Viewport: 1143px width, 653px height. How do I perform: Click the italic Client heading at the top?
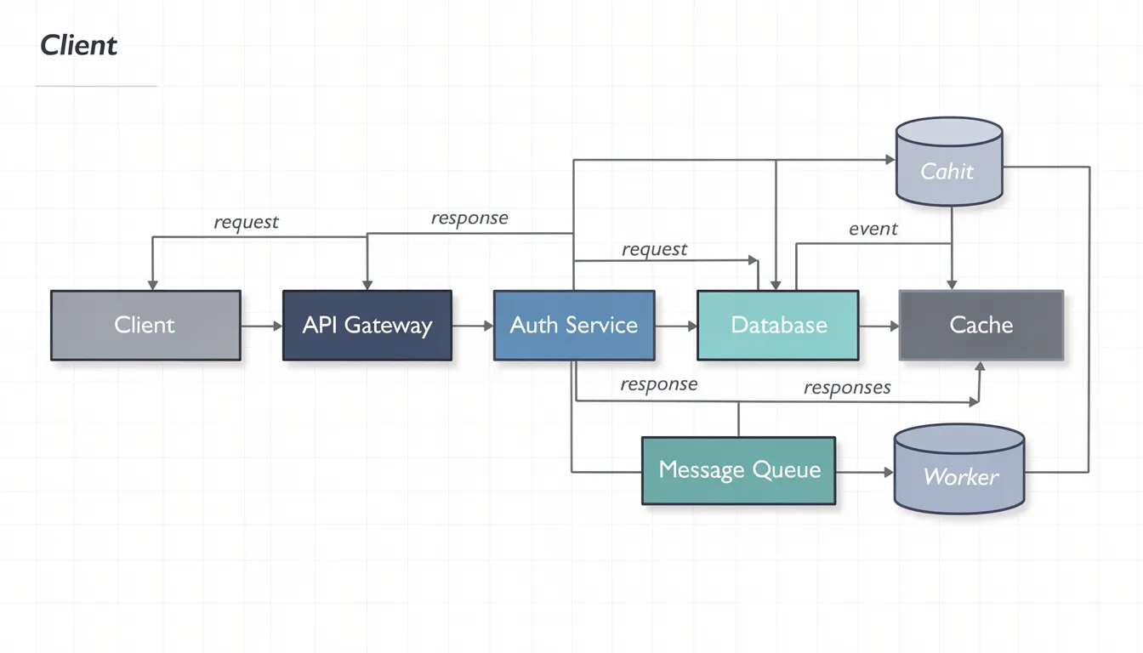78,45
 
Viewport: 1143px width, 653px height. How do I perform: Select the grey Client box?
145,325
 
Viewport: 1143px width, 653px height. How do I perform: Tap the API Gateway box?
367,325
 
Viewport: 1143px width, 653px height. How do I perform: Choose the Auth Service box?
574,325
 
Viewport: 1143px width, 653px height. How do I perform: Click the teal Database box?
778,325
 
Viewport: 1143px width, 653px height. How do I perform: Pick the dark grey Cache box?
981,325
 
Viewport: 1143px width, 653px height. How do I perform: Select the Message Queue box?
739,470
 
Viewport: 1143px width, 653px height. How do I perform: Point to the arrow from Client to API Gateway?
262,326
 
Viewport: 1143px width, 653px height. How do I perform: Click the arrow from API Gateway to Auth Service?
473,326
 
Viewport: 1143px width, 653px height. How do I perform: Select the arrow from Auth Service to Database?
677,326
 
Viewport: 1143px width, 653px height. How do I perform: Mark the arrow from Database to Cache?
879,326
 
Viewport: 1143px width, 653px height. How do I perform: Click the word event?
873,229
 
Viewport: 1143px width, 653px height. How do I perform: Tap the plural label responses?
847,388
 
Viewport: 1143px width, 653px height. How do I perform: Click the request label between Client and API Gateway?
246,222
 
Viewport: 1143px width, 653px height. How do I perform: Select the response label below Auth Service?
658,384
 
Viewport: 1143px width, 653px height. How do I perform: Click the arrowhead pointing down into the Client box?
152,284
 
